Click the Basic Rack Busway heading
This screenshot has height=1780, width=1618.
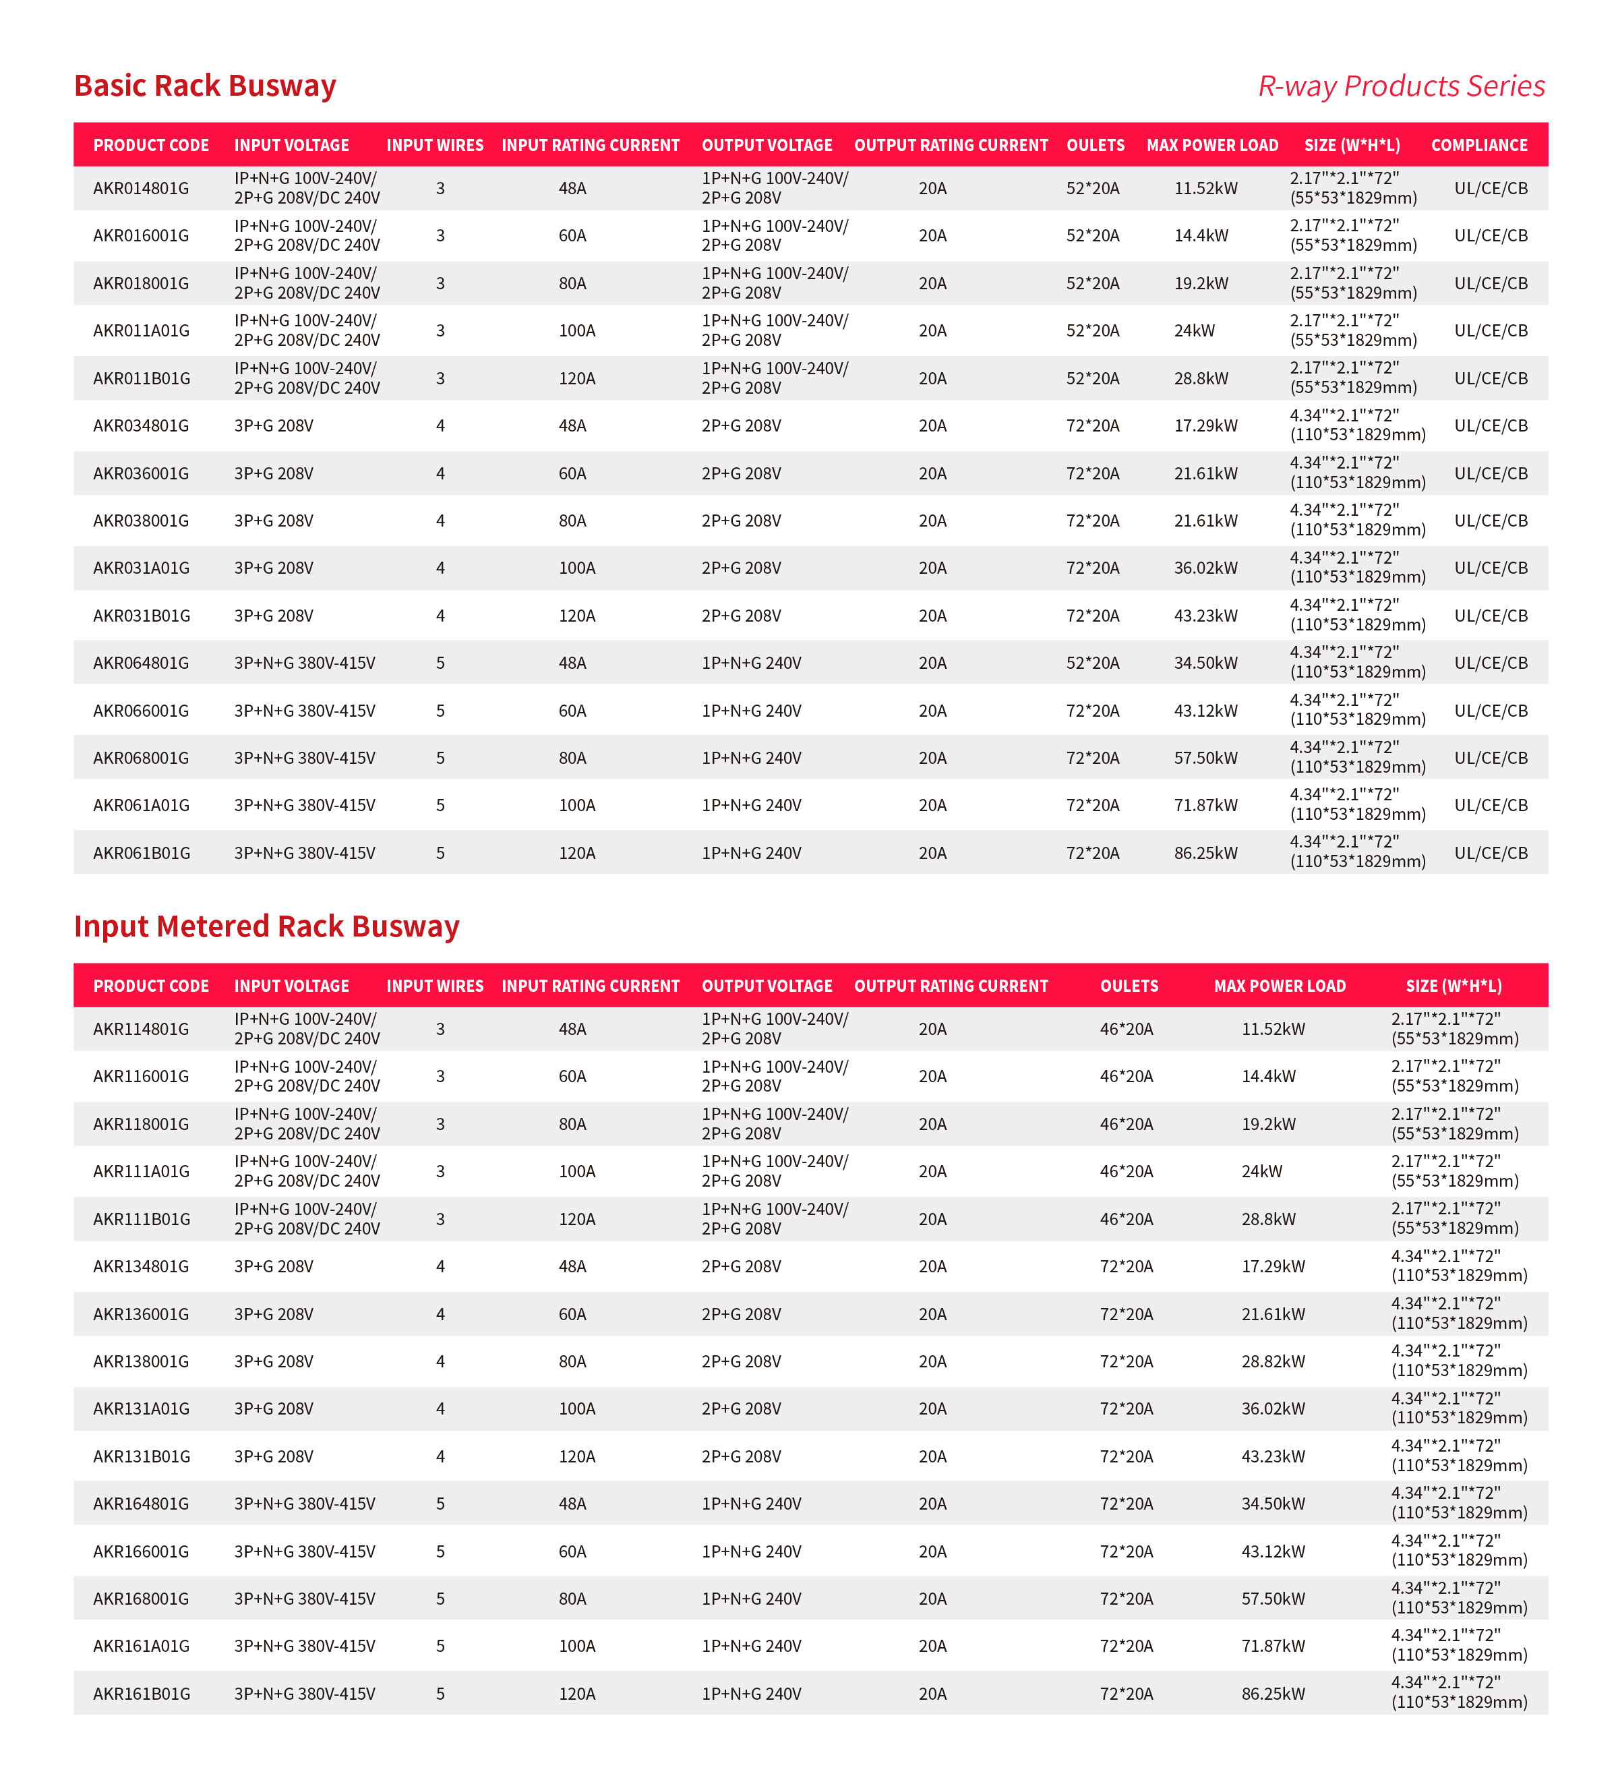click(x=205, y=86)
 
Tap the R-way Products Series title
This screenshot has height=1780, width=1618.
click(x=1401, y=86)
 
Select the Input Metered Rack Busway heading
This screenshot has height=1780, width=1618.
click(x=266, y=926)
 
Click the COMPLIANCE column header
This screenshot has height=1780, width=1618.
click(x=1478, y=145)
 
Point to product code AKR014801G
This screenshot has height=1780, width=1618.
click(x=141, y=188)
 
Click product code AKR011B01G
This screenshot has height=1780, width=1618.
click(x=141, y=378)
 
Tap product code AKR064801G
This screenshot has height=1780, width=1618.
click(x=141, y=662)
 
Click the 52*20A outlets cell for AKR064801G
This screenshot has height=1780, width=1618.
click(x=1092, y=662)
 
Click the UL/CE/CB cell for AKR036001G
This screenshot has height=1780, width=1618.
click(x=1490, y=473)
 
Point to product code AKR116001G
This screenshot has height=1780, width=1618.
click(x=141, y=1076)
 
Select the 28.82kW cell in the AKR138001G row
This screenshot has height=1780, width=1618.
click(x=1273, y=1361)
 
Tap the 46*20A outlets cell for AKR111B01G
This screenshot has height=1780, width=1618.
click(x=1127, y=1219)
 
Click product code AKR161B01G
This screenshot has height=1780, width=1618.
click(x=141, y=1694)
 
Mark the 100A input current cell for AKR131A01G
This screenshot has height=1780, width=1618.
click(x=576, y=1408)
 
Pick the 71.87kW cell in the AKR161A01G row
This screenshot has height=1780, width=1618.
click(x=1273, y=1646)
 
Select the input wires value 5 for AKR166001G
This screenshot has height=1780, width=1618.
click(x=440, y=1551)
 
